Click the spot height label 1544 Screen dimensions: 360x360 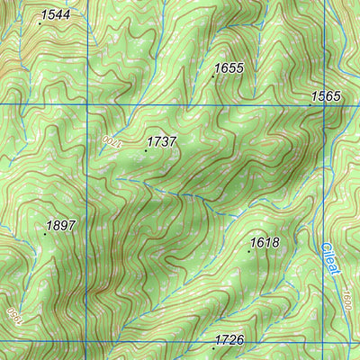coord(55,15)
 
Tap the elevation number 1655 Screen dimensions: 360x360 coord(229,67)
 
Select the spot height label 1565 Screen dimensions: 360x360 coord(326,95)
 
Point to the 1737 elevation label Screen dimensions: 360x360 coord(162,141)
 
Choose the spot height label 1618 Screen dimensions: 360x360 coord(265,242)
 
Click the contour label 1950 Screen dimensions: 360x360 coord(13,315)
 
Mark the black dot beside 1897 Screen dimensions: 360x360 coord(45,233)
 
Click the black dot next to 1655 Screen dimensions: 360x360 coord(213,76)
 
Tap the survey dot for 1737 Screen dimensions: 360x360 coord(146,150)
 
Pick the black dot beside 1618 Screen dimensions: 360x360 coord(249,251)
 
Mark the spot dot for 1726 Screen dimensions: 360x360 coord(213,346)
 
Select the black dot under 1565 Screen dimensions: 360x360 coord(310,105)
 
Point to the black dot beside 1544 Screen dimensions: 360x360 coord(40,24)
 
